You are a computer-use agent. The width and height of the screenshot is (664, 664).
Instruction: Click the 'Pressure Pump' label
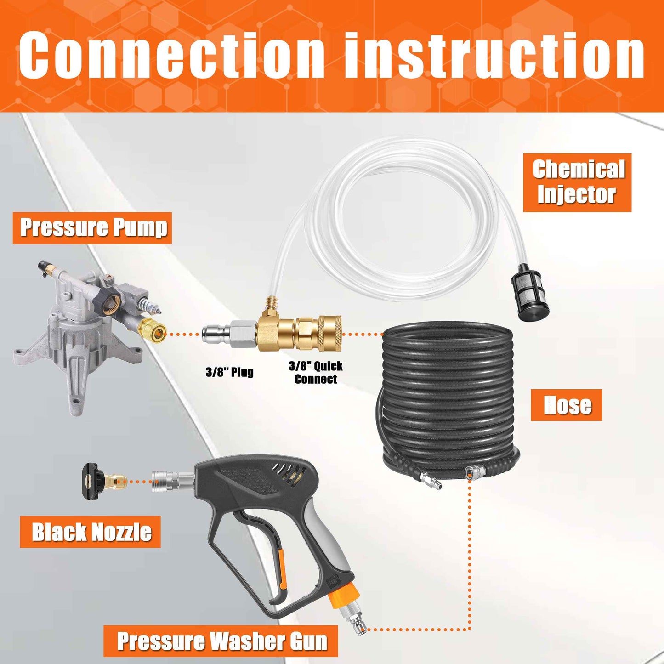click(92, 228)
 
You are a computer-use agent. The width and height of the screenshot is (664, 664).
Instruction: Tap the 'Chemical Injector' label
click(577, 182)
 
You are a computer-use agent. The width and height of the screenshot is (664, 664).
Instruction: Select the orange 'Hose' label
click(566, 405)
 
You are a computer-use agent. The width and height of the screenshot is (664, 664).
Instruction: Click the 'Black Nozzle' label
click(90, 532)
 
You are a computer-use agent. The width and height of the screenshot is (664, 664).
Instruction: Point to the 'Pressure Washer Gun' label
click(221, 641)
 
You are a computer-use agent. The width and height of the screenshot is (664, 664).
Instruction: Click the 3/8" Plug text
click(229, 372)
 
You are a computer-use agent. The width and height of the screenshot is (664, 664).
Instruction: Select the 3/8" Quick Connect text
click(316, 373)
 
